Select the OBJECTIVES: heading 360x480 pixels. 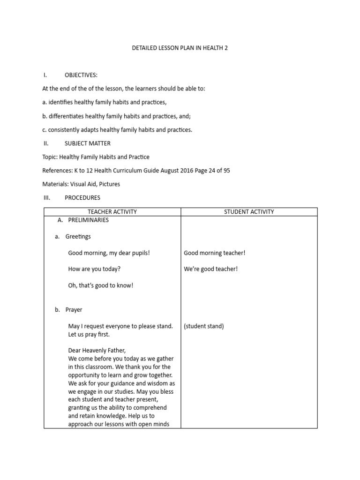[81, 75]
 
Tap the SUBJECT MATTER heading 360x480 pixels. [88, 143]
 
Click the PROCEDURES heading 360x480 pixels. [82, 198]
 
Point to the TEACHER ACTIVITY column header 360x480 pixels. [112, 212]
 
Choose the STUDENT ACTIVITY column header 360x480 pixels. [249, 212]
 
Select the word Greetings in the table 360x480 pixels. [78, 237]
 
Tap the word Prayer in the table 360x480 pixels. [74, 310]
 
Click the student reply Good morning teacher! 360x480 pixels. [215, 253]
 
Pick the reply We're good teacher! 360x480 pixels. [210, 270]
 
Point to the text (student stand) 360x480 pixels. [204, 326]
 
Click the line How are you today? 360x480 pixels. [94, 270]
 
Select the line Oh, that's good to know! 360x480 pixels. [101, 285]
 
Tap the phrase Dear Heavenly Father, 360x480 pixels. [97, 351]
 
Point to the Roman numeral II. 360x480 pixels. [46, 143]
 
